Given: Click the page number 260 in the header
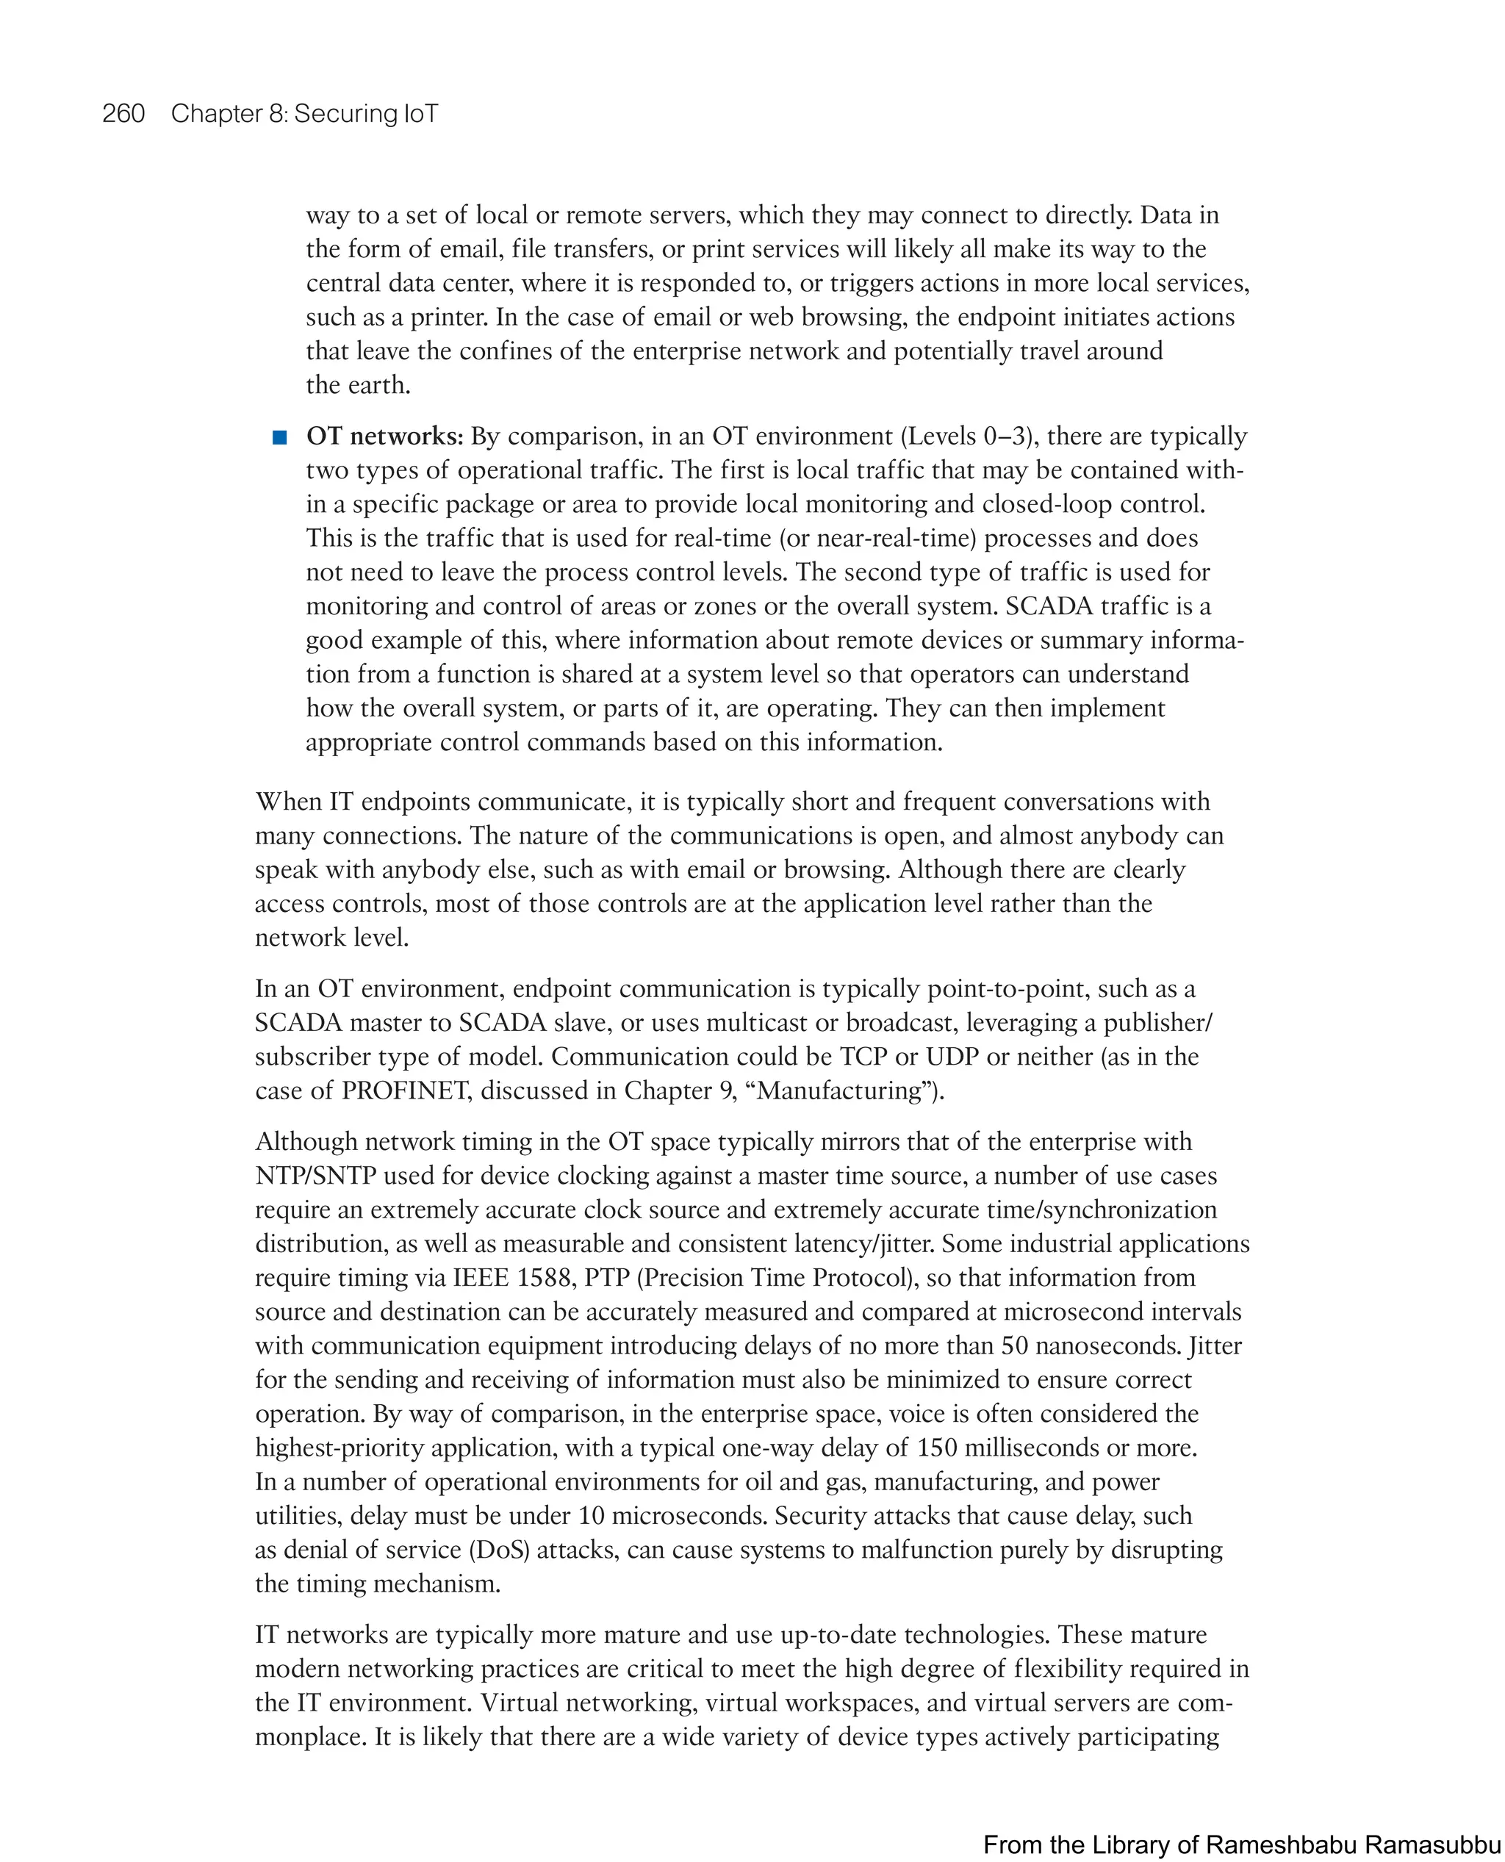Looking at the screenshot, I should [123, 114].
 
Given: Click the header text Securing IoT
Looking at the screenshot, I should [366, 114].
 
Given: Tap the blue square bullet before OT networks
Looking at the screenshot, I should [279, 437].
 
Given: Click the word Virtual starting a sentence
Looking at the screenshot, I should [520, 1703].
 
